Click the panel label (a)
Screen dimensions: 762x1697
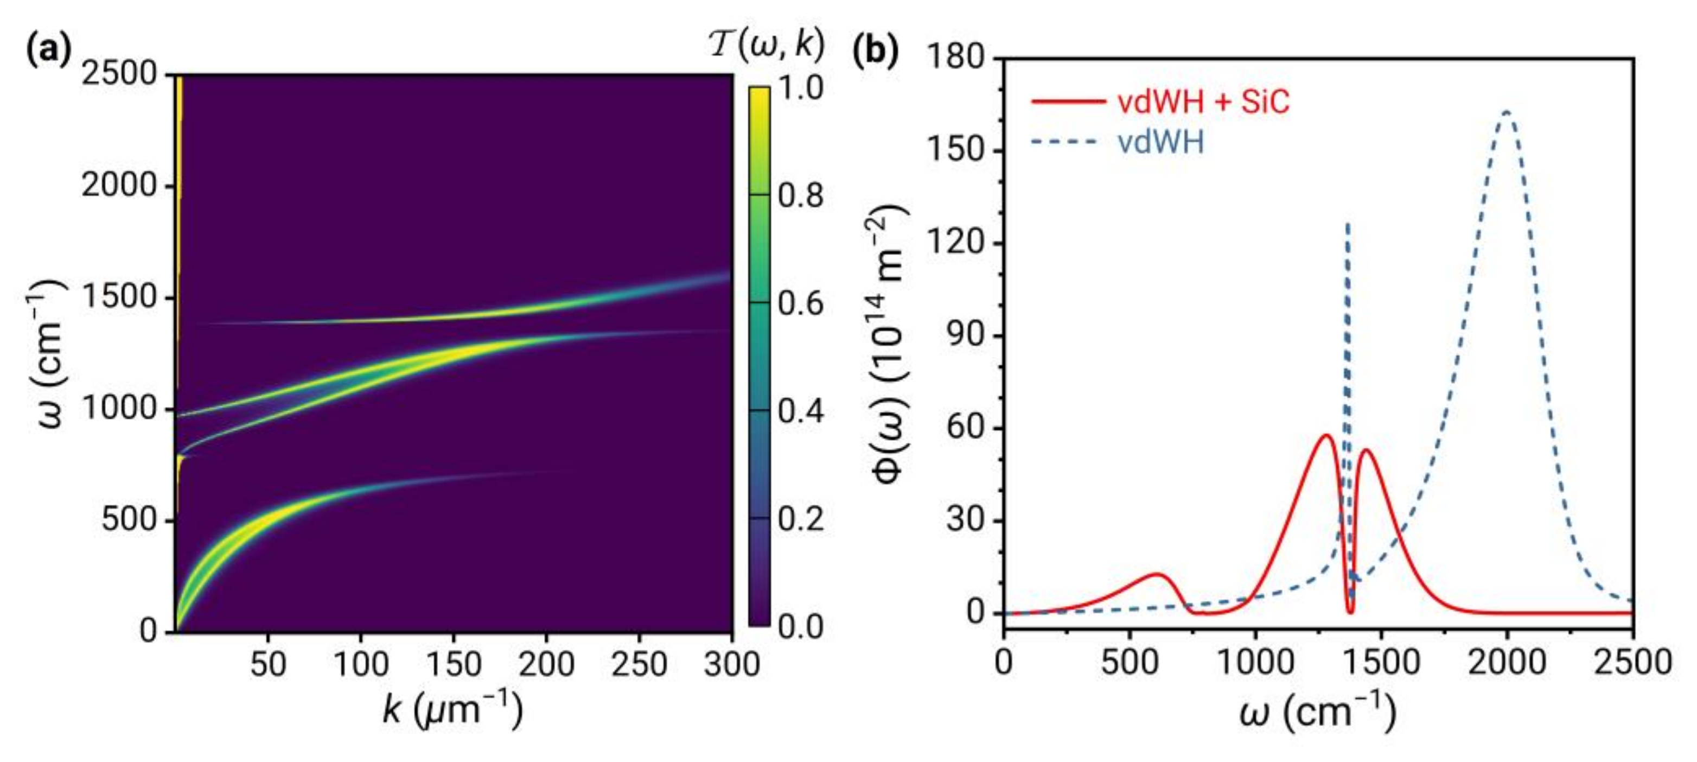click(x=47, y=52)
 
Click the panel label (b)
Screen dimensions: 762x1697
click(x=876, y=52)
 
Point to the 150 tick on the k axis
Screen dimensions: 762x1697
click(x=453, y=664)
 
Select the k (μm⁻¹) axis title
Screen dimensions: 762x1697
click(x=452, y=713)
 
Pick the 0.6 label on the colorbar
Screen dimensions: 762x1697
click(x=800, y=304)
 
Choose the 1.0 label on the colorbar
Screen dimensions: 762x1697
click(x=800, y=88)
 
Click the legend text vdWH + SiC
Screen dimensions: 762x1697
click(x=1203, y=102)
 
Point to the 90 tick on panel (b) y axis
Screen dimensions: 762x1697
click(x=968, y=336)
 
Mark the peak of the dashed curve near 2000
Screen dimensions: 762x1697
click(x=1506, y=111)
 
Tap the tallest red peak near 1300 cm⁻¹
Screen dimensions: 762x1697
click(x=1325, y=435)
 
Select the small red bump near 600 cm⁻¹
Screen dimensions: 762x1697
click(x=1157, y=574)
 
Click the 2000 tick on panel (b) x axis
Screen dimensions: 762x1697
click(x=1507, y=662)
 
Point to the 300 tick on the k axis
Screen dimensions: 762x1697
click(x=731, y=664)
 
